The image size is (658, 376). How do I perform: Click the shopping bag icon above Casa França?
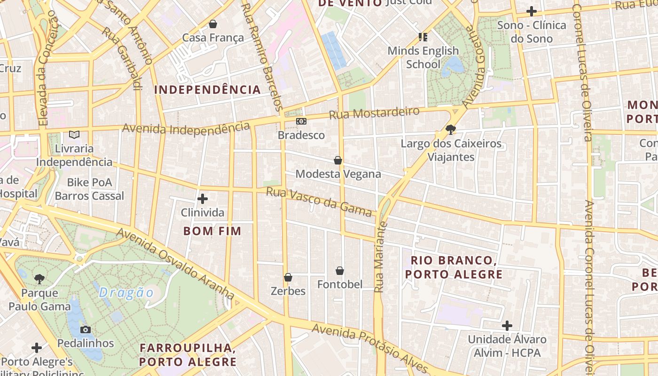pos(213,24)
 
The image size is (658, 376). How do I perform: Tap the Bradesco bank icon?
pos(301,121)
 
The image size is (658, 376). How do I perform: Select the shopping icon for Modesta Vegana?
pos(337,160)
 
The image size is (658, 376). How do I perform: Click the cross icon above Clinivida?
pos(203,199)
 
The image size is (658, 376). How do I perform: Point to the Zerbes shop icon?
pos(288,277)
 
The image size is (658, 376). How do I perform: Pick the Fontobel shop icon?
pos(340,271)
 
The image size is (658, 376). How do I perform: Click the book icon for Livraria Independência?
pos(74,134)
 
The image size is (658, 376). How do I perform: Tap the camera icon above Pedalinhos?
pos(86,329)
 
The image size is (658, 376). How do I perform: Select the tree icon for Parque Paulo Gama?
pos(39,279)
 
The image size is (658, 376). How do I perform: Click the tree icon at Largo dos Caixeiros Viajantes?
pos(451,130)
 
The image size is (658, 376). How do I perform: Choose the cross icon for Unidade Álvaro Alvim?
pos(507,325)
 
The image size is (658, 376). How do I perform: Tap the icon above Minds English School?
pos(423,37)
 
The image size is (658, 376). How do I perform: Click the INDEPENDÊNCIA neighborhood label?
pos(207,90)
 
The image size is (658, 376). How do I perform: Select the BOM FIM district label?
pos(212,231)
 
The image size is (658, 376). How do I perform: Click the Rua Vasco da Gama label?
pos(319,202)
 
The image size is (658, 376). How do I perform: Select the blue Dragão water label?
pos(126,293)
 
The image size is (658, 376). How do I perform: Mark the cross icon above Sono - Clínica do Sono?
pos(532,11)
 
